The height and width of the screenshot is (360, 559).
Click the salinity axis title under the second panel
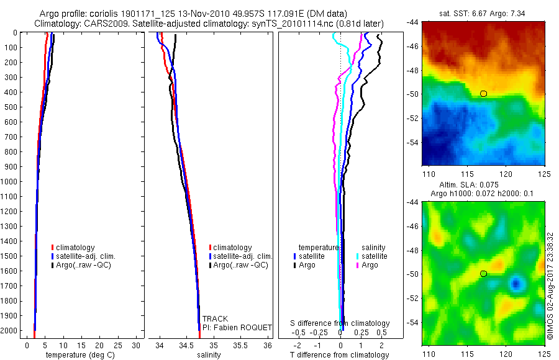tap(209, 355)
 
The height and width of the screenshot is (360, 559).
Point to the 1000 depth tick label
tap(10, 181)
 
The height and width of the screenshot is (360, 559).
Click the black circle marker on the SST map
tap(483, 94)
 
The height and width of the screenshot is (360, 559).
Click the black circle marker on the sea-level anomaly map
tap(483, 274)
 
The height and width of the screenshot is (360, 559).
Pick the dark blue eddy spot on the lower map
tap(516, 284)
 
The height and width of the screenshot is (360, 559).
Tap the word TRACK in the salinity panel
tap(215, 319)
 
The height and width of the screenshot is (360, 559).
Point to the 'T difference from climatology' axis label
tap(339, 355)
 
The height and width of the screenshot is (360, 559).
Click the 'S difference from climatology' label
tap(340, 323)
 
